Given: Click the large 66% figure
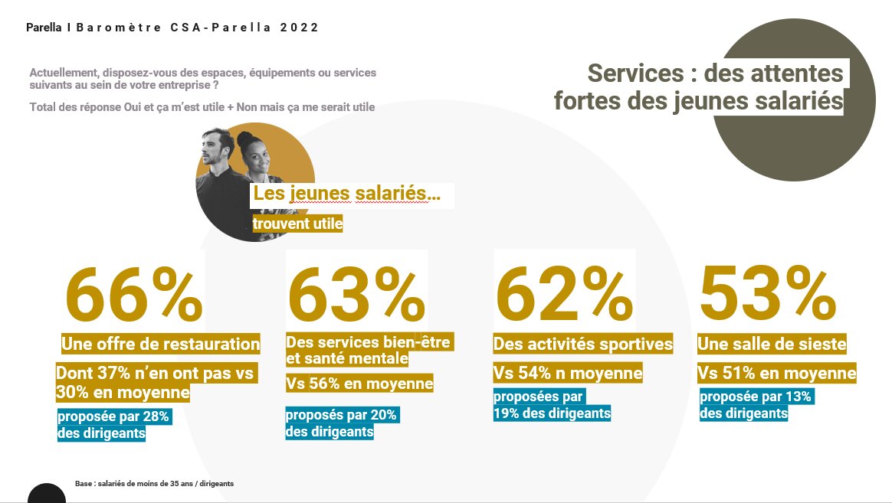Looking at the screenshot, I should coord(134,295).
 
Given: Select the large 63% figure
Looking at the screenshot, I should coord(356,295).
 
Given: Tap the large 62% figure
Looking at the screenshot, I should coord(563,295).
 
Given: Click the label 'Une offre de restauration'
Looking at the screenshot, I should coord(160,345).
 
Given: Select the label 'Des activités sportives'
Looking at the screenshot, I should coord(582,345).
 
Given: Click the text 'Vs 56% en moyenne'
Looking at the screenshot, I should coord(359,384).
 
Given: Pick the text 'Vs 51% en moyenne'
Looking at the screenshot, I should coord(776,374).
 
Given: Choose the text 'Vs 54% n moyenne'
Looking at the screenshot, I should coord(567,374).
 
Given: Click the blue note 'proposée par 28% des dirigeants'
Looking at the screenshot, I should coord(113,425).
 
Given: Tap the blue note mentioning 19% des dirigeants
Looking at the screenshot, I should coord(551,405).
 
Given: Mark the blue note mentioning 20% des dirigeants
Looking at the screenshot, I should coord(341,423).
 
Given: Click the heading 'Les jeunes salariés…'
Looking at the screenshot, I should coord(346,194).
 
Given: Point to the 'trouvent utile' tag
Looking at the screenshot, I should coord(297,224).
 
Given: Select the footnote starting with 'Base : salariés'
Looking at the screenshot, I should coord(154,484).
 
